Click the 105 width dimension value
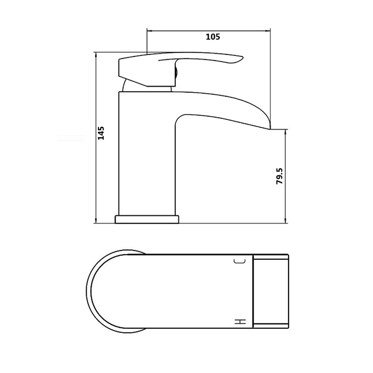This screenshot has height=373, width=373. coord(212,37)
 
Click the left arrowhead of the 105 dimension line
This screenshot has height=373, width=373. coord(150,31)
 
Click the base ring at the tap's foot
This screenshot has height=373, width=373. coord(147,219)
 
